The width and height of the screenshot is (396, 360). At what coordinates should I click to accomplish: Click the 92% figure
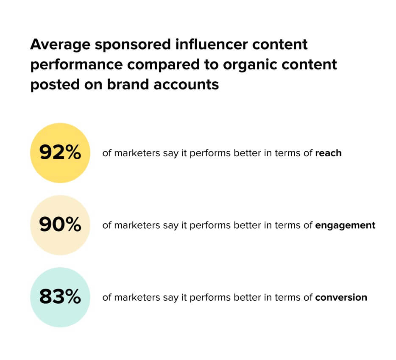[x=60, y=152]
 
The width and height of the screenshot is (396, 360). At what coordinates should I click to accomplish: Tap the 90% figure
[x=60, y=224]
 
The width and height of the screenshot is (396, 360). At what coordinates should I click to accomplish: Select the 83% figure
[x=60, y=296]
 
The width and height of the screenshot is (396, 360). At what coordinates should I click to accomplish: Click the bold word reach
[x=328, y=153]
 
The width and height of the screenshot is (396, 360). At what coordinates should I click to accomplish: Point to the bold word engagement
[x=345, y=226]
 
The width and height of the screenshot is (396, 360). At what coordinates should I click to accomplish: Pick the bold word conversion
[x=341, y=297]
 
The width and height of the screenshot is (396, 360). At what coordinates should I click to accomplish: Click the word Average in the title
[x=60, y=44]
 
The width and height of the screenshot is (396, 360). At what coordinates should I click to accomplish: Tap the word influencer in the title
[x=212, y=44]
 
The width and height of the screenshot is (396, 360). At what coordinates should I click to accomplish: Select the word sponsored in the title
[x=133, y=45]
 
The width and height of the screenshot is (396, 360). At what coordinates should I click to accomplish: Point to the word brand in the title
[x=128, y=84]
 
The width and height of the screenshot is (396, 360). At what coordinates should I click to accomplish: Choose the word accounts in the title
[x=186, y=85]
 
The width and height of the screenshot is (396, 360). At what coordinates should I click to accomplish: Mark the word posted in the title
[x=55, y=85]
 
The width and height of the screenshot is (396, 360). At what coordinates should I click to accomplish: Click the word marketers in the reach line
[x=137, y=153]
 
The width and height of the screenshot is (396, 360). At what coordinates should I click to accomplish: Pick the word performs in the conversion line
[x=210, y=298]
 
